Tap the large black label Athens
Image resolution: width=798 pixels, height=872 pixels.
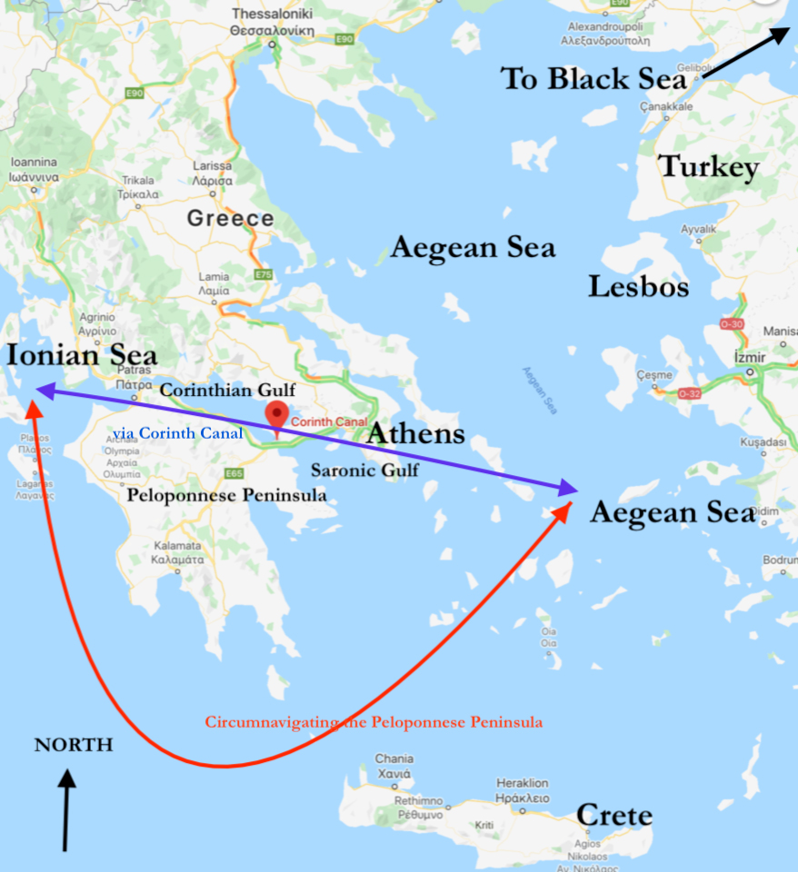[415, 433]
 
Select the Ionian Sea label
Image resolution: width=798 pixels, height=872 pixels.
[82, 355]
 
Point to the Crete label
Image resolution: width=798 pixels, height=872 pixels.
[614, 815]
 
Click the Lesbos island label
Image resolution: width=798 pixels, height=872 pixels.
[638, 287]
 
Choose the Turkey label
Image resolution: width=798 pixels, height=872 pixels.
[709, 167]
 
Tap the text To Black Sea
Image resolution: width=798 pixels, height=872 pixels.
[593, 79]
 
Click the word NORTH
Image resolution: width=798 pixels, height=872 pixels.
[74, 745]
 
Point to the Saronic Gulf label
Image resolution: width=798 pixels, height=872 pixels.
[364, 470]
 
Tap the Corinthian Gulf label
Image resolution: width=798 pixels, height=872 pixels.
[228, 390]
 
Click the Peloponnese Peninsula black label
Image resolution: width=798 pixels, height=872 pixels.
[226, 495]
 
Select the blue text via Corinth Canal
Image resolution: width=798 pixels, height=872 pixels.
[178, 433]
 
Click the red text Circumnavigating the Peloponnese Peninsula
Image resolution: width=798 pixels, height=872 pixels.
[374, 722]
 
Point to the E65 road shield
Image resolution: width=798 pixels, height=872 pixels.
[234, 473]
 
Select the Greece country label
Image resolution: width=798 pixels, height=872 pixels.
[230, 218]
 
